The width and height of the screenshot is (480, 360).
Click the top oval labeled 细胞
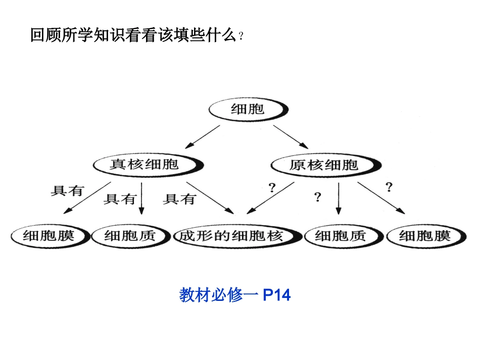click(x=248, y=109)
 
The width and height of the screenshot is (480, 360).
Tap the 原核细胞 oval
click(x=323, y=165)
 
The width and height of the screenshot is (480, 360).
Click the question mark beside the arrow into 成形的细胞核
click(x=272, y=188)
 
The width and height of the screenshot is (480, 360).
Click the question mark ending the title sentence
click(x=241, y=37)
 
